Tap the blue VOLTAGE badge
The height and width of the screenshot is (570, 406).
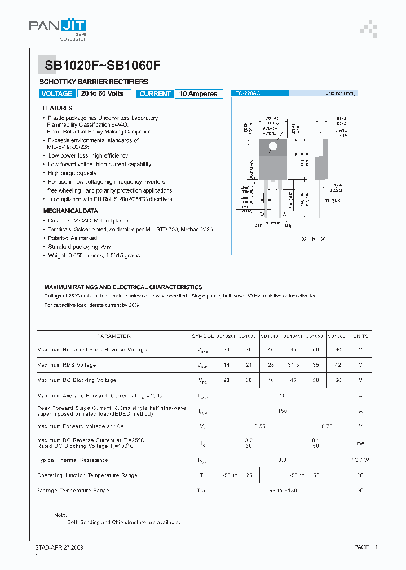pos(57,94)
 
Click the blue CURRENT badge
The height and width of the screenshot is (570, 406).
pos(155,94)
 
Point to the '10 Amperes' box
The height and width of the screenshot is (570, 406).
pos(198,94)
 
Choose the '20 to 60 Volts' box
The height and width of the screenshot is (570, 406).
pos(102,93)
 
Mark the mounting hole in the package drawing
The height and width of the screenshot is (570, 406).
pos(273,146)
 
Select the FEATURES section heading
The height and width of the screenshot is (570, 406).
pos(58,108)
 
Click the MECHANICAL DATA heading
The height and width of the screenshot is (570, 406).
pos(70,211)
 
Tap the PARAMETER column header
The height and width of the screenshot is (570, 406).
pos(113,336)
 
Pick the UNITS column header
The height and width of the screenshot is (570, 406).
pos(360,336)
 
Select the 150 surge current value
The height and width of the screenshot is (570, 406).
pos(282,411)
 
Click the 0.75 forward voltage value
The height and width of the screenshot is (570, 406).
pos(326,426)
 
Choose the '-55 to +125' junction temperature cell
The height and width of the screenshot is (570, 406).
pos(237,475)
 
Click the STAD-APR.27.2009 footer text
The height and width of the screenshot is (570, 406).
pos(55,547)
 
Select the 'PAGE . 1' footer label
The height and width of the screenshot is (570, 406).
pos(365,547)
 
